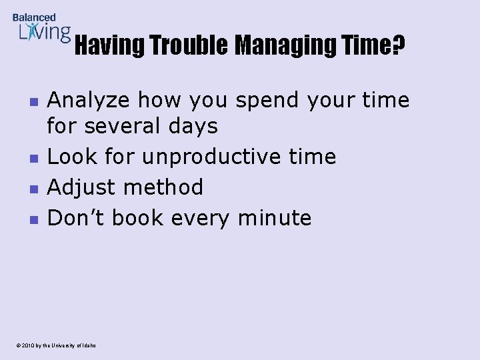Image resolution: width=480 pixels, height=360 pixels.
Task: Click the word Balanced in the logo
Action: tap(34, 18)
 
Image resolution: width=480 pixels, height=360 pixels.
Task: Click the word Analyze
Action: tap(89, 101)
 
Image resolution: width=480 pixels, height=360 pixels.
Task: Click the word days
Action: tap(195, 125)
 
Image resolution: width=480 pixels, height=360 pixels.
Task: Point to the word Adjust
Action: tap(79, 188)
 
